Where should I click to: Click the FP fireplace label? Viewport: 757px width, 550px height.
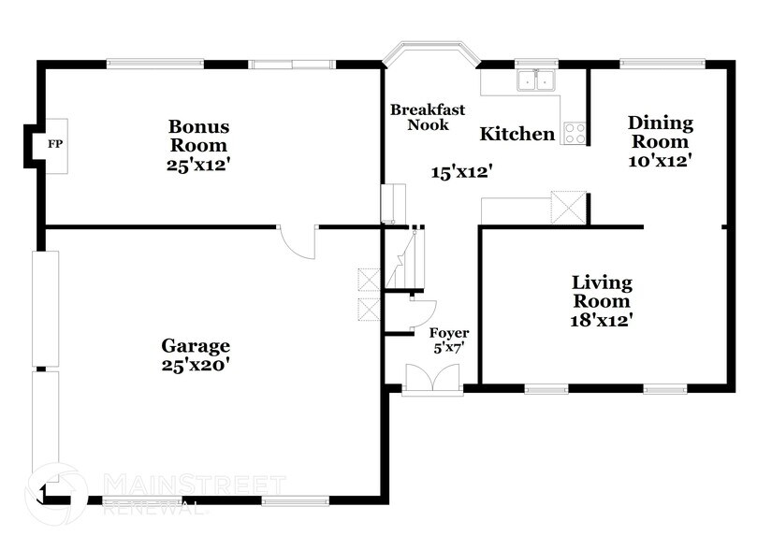pos(55,144)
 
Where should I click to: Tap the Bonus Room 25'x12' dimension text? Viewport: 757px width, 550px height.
pos(197,165)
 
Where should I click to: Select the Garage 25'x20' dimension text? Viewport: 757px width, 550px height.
pos(195,365)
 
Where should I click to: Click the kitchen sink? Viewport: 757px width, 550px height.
pos(536,80)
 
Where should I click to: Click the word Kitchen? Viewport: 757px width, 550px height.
pos(517,134)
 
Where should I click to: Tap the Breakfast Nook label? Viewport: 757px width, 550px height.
pos(428,117)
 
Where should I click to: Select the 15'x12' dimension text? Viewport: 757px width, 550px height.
pos(461,172)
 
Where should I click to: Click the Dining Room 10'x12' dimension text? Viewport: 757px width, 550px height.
pos(661,161)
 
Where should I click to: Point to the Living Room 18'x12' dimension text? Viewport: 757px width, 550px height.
pos(602,320)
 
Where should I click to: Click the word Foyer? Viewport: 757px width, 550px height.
pos(449,333)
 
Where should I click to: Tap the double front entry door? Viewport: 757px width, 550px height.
pos(432,379)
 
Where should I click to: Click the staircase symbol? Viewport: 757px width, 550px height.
pos(404,258)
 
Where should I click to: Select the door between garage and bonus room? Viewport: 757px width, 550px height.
pos(298,241)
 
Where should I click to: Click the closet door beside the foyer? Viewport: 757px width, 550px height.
pos(423,314)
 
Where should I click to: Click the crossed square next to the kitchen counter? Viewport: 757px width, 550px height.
pos(569,208)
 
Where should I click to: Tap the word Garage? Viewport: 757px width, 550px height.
pos(196,346)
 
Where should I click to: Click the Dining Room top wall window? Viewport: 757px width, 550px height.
pos(662,63)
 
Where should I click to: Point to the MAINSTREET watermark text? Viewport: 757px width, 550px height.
pos(195,485)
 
